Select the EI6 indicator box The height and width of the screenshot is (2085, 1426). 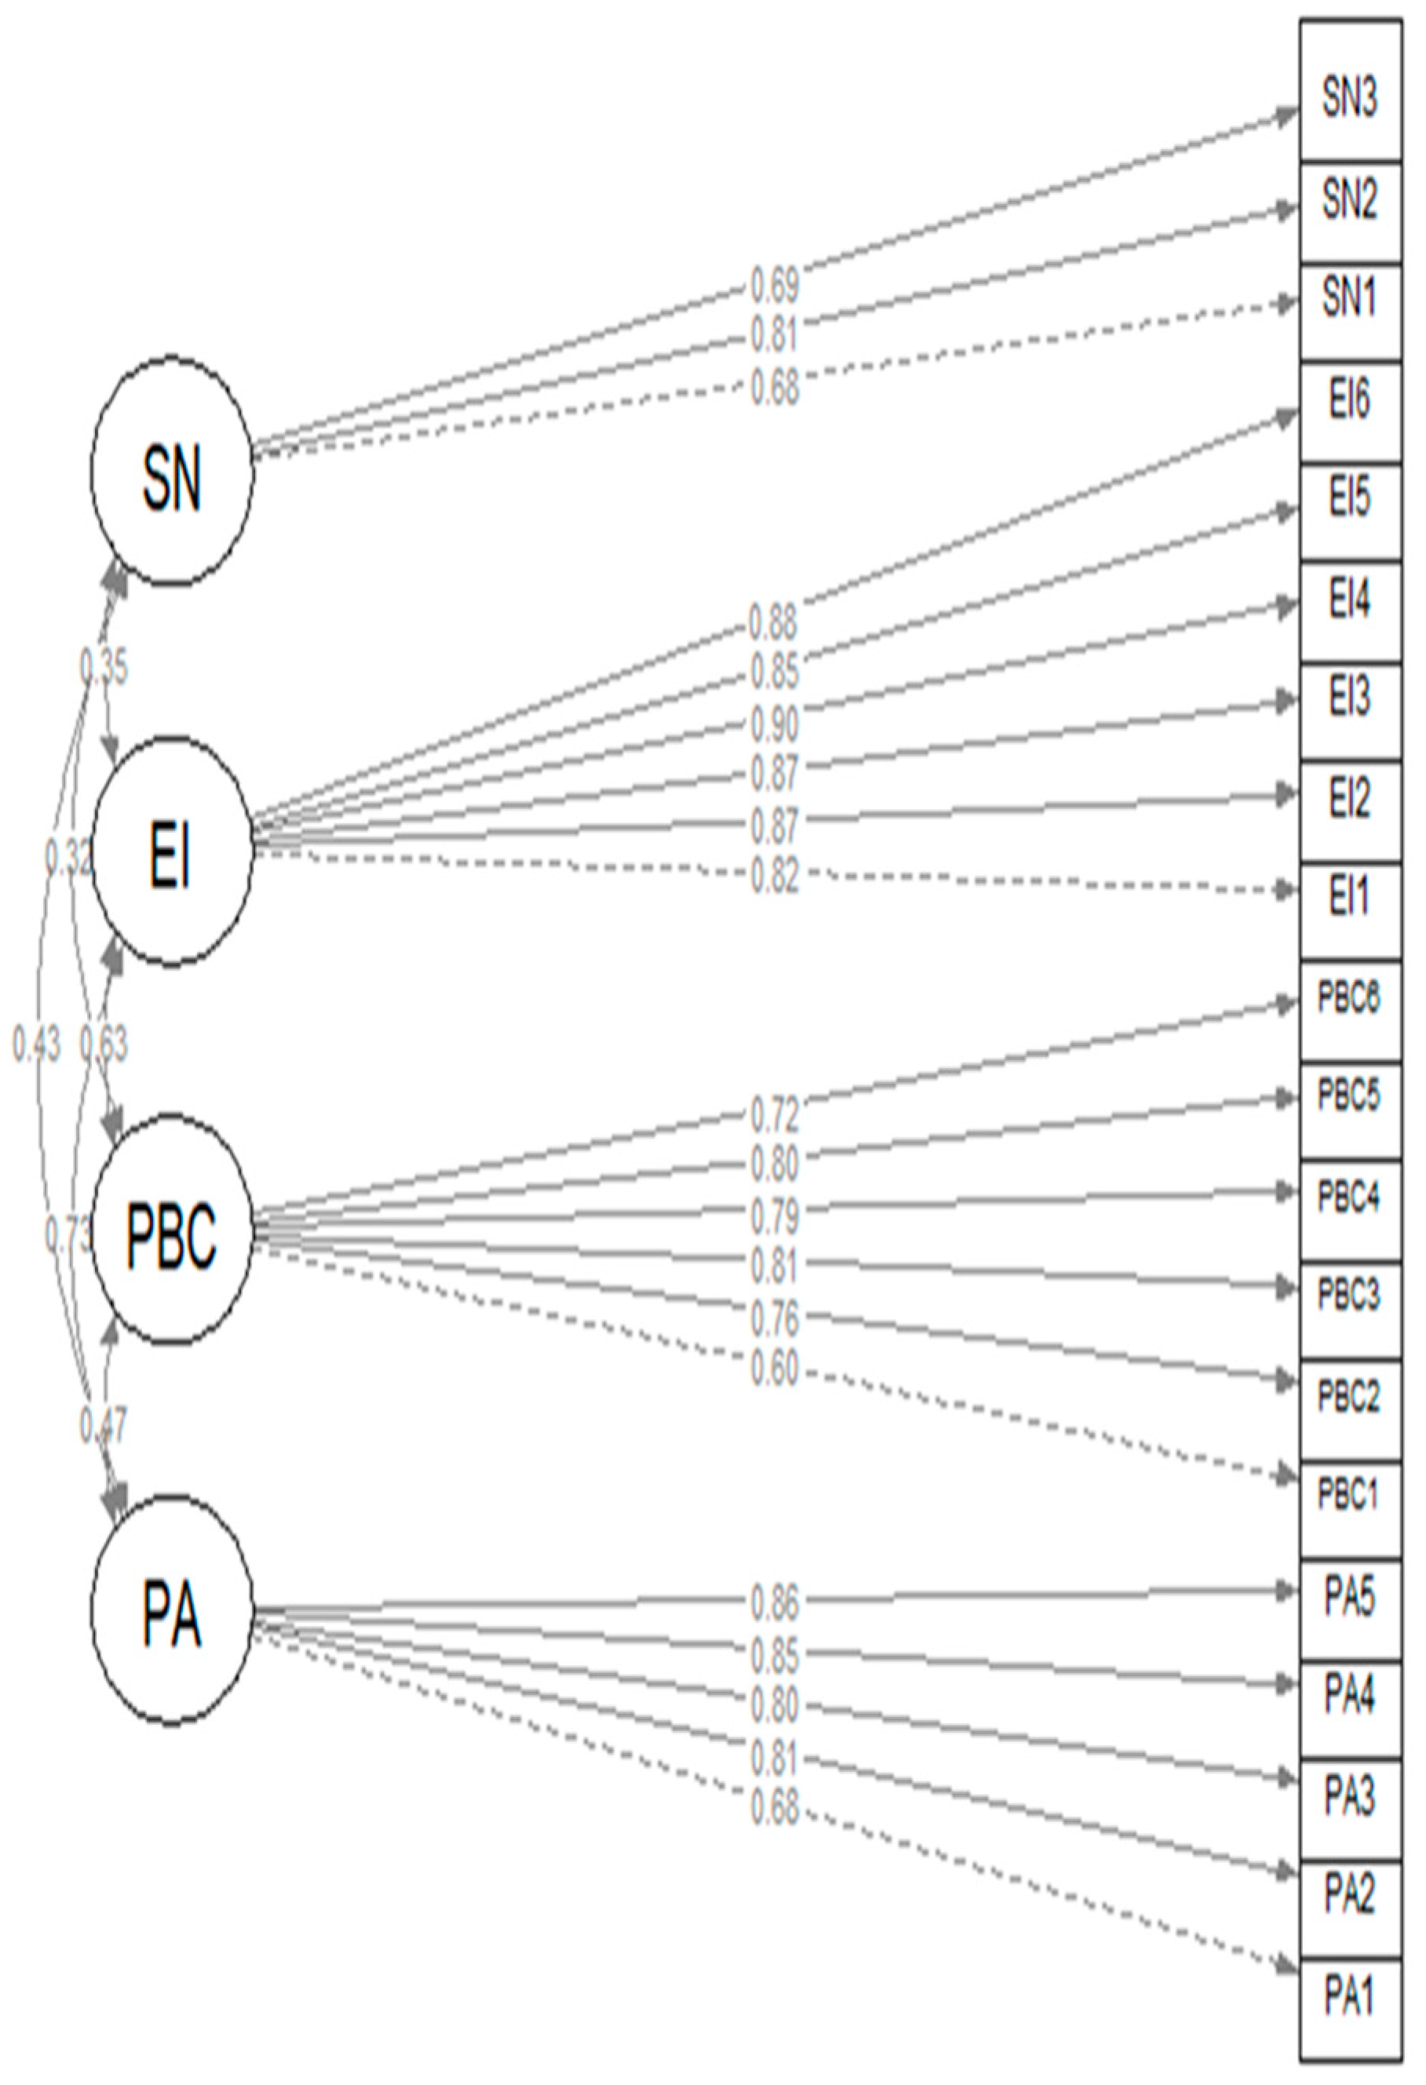1349,401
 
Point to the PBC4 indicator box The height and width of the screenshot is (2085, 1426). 1349,1197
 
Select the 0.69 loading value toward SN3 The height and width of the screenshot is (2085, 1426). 774,287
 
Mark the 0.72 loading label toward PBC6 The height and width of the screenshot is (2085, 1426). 774,1115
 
